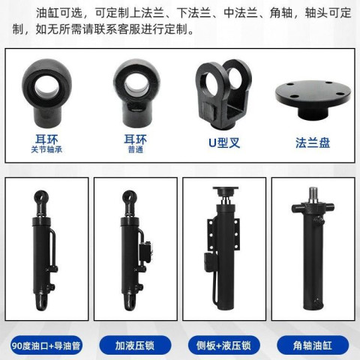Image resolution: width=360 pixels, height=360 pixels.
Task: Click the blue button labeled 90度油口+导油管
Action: (x=46, y=346)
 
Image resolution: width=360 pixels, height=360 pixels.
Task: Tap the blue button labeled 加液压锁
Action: (x=135, y=346)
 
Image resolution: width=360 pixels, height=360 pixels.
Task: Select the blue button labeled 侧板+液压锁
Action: (x=224, y=346)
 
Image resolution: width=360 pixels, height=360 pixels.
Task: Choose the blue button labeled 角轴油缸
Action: (x=313, y=346)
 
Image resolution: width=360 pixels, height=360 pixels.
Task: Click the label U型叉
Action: (x=224, y=143)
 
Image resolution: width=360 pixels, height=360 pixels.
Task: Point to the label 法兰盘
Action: (x=313, y=143)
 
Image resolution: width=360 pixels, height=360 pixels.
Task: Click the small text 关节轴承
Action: (x=46, y=149)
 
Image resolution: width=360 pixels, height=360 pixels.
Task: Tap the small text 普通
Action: (x=136, y=149)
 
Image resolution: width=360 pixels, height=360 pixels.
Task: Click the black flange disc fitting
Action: (x=313, y=100)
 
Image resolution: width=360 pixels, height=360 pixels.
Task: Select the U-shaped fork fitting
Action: (x=223, y=94)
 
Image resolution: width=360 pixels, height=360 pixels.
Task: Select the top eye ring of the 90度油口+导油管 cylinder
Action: (x=40, y=196)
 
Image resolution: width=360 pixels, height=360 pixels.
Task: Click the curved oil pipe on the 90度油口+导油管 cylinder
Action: (x=52, y=247)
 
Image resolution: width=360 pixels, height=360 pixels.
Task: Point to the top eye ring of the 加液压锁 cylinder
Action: (x=130, y=196)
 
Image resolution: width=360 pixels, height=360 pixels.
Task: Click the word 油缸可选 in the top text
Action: (x=59, y=13)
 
